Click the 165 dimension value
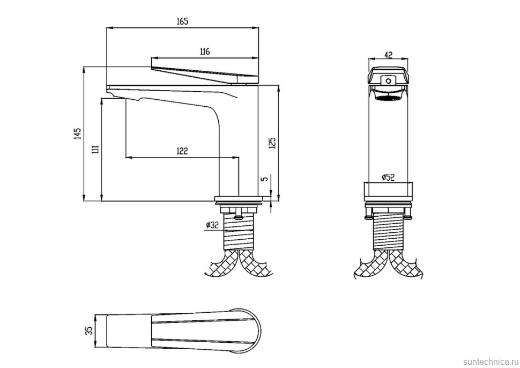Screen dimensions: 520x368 pos(182,21)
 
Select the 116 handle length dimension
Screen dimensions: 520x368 pos(205,51)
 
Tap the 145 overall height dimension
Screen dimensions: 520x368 pos(78,134)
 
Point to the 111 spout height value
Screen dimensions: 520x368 pos(96,149)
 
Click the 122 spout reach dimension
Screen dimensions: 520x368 pos(182,151)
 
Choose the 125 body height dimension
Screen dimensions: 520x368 pos(272,143)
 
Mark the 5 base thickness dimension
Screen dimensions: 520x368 pos(264,179)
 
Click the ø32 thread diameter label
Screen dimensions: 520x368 pos(212,225)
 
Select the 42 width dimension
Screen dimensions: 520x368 pos(388,55)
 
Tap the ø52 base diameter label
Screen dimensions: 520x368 pos(388,177)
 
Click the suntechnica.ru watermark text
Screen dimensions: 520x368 pos(489,361)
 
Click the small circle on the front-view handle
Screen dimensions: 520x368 pos(388,80)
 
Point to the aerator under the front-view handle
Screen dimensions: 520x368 pos(388,94)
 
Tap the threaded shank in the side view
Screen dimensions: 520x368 pos(239,231)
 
